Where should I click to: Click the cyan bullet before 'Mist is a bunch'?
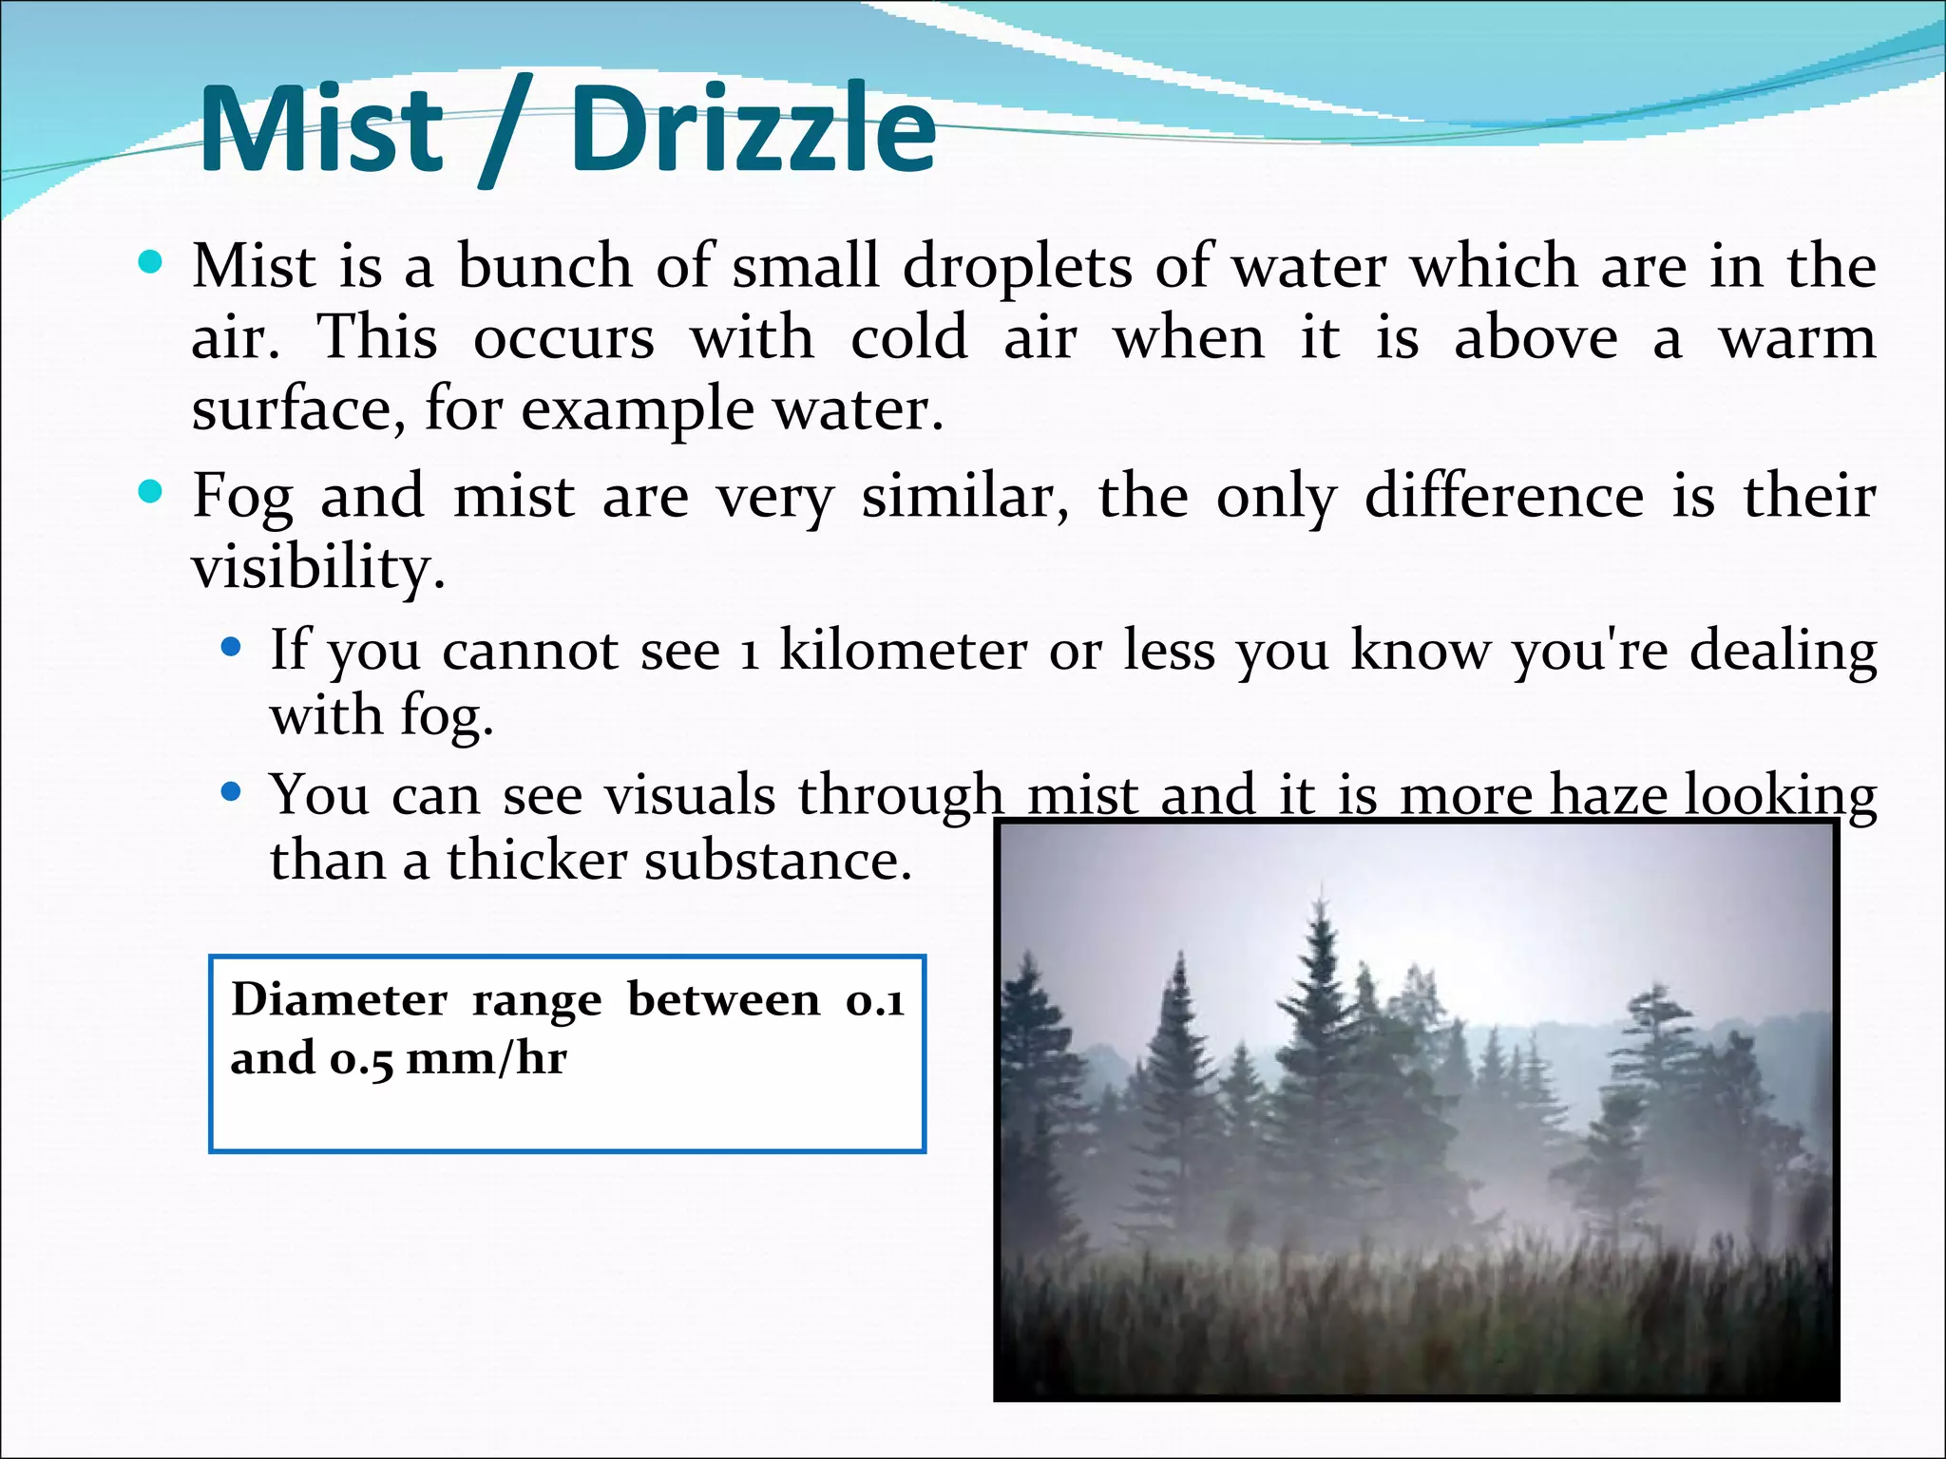click(x=150, y=261)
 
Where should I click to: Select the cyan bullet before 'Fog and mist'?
click(x=150, y=492)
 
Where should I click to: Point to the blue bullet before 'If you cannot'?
click(x=231, y=649)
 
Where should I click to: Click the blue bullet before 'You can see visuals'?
click(x=231, y=791)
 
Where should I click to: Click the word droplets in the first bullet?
click(x=1017, y=267)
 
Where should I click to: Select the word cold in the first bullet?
click(x=908, y=338)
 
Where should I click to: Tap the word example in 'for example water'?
click(x=637, y=411)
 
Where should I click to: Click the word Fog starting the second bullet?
click(x=243, y=497)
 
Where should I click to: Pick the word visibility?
click(x=317, y=569)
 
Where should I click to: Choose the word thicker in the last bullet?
click(x=537, y=861)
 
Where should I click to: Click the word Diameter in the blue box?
click(x=339, y=1000)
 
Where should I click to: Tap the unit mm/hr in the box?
click(x=486, y=1058)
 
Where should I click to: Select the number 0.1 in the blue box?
click(x=874, y=1000)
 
